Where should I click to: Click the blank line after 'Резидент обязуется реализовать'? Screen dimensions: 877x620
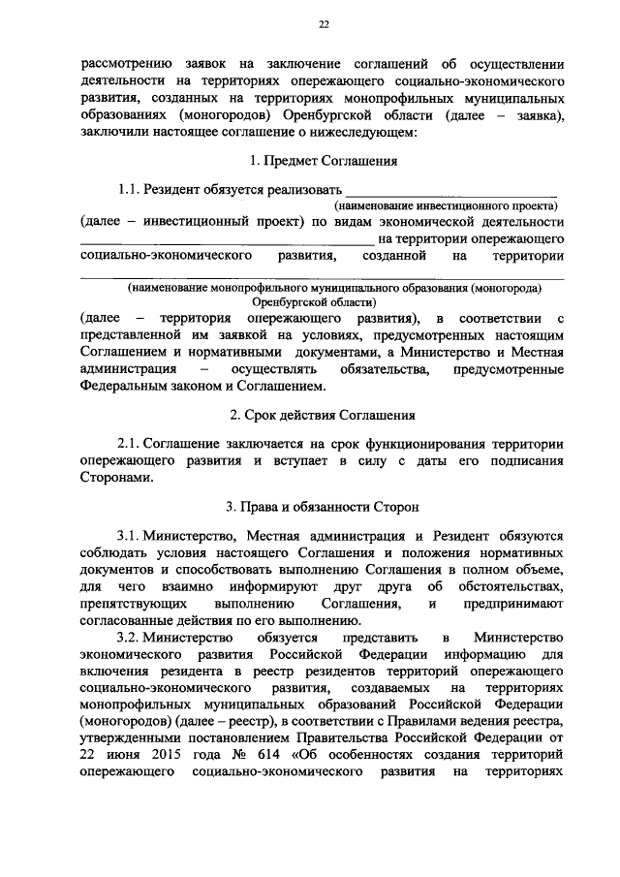(x=451, y=193)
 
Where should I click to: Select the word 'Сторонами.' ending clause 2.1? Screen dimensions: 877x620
(x=115, y=478)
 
